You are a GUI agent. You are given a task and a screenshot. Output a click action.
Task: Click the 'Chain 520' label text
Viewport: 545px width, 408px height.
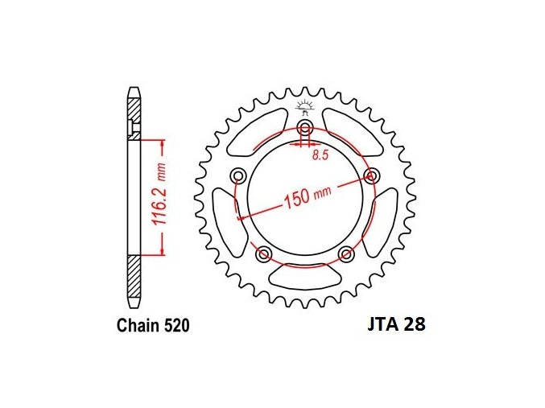pos(153,325)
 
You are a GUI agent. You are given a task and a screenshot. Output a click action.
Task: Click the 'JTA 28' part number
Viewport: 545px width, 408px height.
pos(397,324)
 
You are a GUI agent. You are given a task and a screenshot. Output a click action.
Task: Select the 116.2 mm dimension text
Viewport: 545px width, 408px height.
pos(160,197)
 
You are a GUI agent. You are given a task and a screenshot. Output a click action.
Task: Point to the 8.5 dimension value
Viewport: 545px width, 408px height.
pos(320,155)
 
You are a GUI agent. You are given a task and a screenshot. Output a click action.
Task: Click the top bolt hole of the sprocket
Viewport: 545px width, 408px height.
pos(305,127)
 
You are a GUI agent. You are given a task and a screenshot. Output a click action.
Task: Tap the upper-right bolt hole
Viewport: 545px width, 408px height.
pos(371,175)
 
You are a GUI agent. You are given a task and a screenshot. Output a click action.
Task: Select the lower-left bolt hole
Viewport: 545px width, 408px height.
pos(263,253)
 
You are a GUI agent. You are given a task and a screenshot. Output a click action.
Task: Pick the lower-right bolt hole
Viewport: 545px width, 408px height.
pos(346,253)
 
